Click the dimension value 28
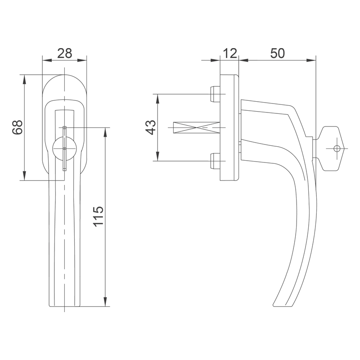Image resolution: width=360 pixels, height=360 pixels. pyautogui.click(x=65, y=53)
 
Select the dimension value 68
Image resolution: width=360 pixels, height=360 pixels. pyautogui.click(x=18, y=127)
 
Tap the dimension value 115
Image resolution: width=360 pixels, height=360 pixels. pyautogui.click(x=99, y=216)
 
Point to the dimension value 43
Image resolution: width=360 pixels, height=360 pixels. pyautogui.click(x=151, y=127)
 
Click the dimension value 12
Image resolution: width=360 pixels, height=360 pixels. pyautogui.click(x=229, y=53)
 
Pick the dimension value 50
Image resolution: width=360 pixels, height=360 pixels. pyautogui.click(x=277, y=53)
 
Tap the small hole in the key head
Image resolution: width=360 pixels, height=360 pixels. pyautogui.click(x=337, y=148)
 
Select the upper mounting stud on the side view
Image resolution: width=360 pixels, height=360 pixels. pyautogui.click(x=216, y=94)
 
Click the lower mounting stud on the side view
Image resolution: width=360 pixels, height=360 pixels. pyautogui.click(x=216, y=161)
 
